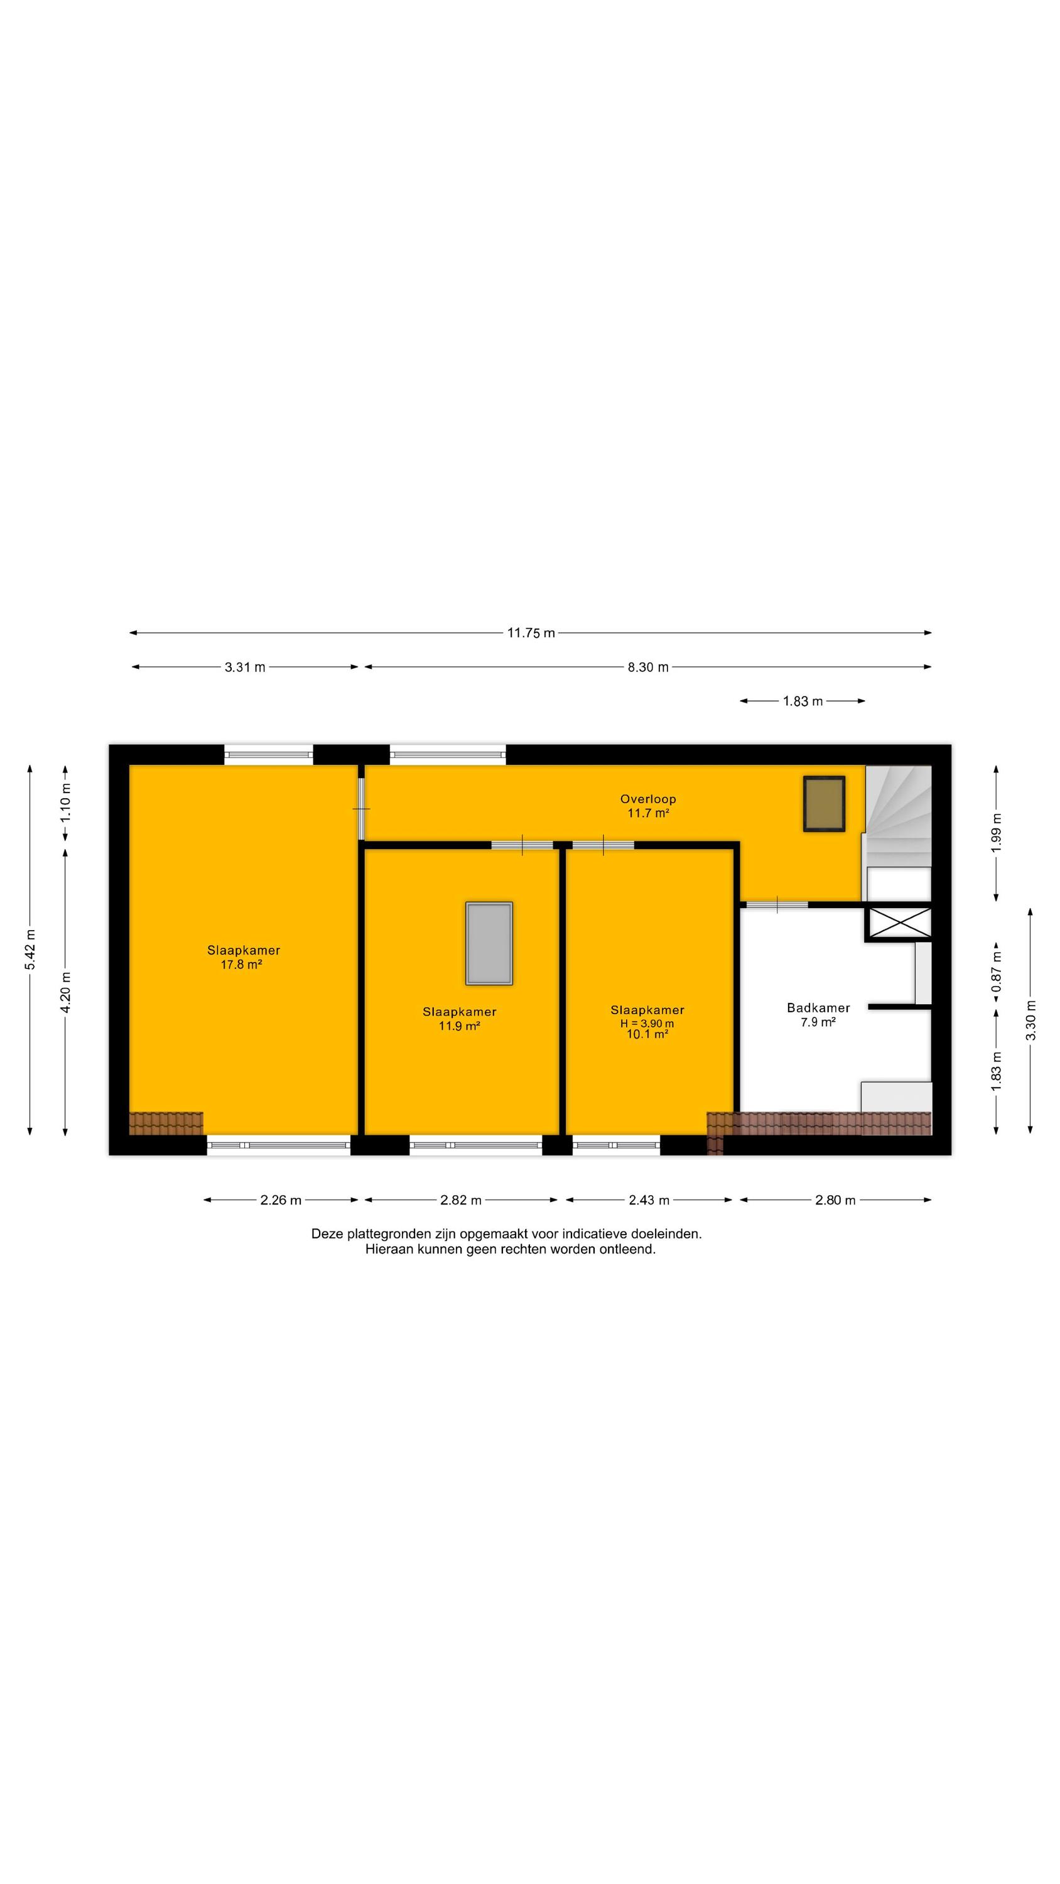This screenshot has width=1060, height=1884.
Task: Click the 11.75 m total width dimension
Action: coord(531,632)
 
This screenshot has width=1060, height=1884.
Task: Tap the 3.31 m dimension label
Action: coord(245,667)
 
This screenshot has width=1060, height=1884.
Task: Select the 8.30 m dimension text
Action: coord(648,667)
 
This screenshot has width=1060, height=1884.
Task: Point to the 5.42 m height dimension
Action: coord(30,950)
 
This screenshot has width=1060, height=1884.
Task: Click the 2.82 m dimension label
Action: coord(461,1200)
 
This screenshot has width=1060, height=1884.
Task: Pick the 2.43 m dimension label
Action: coord(649,1200)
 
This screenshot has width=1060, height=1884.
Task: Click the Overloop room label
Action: coord(648,799)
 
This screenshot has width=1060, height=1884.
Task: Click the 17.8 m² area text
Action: coord(241,964)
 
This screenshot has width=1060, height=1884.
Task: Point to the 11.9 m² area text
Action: coord(460,1026)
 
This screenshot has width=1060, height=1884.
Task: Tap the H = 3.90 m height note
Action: coord(647,1024)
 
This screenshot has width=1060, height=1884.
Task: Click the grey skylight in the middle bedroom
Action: coord(489,943)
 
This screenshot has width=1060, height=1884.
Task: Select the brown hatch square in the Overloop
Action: coord(825,804)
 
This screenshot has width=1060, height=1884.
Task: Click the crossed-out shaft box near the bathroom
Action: coord(899,923)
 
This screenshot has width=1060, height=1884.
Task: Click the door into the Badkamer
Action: coord(777,905)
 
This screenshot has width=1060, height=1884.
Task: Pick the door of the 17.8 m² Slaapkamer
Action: coord(361,808)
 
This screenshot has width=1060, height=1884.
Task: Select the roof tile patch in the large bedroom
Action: coord(166,1123)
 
